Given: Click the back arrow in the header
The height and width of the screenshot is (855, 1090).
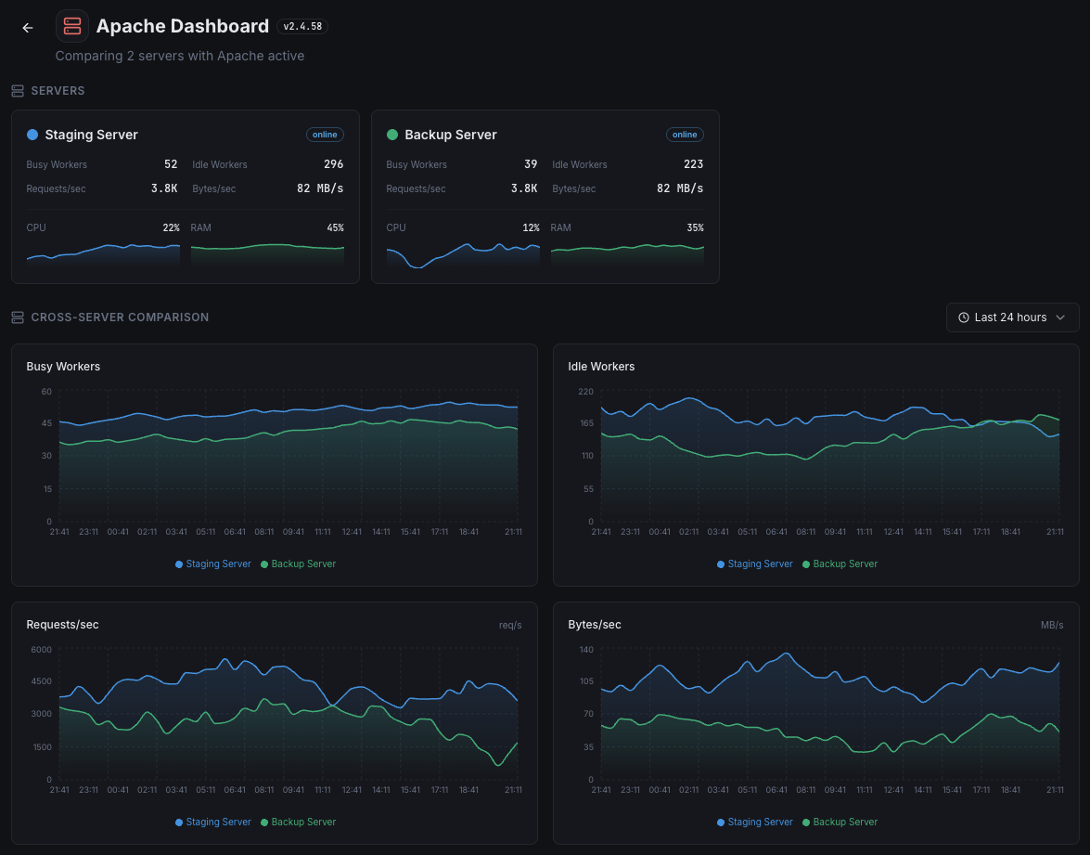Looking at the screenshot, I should (28, 28).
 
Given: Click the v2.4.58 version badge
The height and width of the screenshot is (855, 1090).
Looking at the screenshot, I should (302, 27).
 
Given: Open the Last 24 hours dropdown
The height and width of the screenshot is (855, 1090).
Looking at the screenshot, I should (1012, 317).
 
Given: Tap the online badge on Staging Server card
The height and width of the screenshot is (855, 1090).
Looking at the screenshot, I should (325, 135).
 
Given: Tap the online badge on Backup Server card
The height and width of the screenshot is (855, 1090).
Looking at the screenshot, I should (685, 135).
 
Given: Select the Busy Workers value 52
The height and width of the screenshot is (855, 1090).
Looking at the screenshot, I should (171, 164).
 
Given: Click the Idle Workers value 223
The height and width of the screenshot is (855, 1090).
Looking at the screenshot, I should (693, 164).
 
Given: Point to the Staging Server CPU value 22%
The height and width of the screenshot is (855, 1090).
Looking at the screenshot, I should (171, 227).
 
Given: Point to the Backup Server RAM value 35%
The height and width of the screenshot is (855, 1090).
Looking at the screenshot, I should (695, 227).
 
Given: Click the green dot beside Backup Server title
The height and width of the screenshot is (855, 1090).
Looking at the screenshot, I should (391, 135).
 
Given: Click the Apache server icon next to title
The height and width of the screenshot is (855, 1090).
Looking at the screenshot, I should (72, 27).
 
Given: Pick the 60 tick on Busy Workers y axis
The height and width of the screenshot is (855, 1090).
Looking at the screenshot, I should (46, 392).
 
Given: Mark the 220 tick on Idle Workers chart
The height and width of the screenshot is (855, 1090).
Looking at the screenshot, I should (585, 392).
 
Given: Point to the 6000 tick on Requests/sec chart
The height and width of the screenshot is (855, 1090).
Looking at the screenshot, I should (42, 650).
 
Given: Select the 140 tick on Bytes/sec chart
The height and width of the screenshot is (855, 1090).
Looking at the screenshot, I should (585, 650).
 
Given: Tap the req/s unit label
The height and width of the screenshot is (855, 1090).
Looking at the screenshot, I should (510, 626).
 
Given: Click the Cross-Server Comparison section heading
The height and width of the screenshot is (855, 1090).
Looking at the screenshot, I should (120, 317).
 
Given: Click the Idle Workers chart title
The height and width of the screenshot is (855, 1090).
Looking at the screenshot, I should (601, 367).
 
